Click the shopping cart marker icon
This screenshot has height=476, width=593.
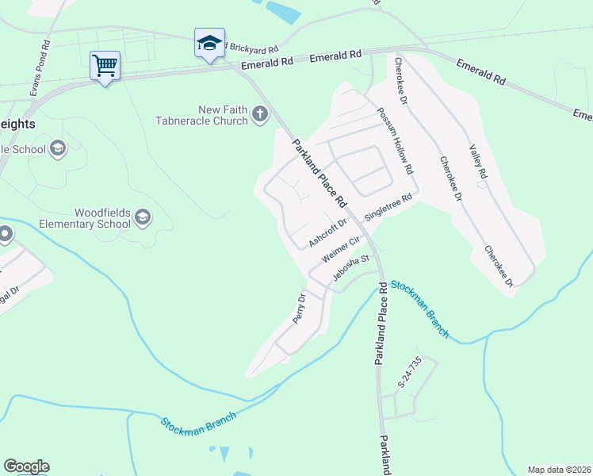[x=105, y=65]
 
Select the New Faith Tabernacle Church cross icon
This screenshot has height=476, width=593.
[x=259, y=115]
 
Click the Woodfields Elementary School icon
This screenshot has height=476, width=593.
[x=142, y=217]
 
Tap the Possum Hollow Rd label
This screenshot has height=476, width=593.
[x=395, y=141]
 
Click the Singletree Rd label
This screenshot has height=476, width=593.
[x=388, y=208]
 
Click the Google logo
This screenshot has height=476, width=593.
[x=26, y=466]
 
